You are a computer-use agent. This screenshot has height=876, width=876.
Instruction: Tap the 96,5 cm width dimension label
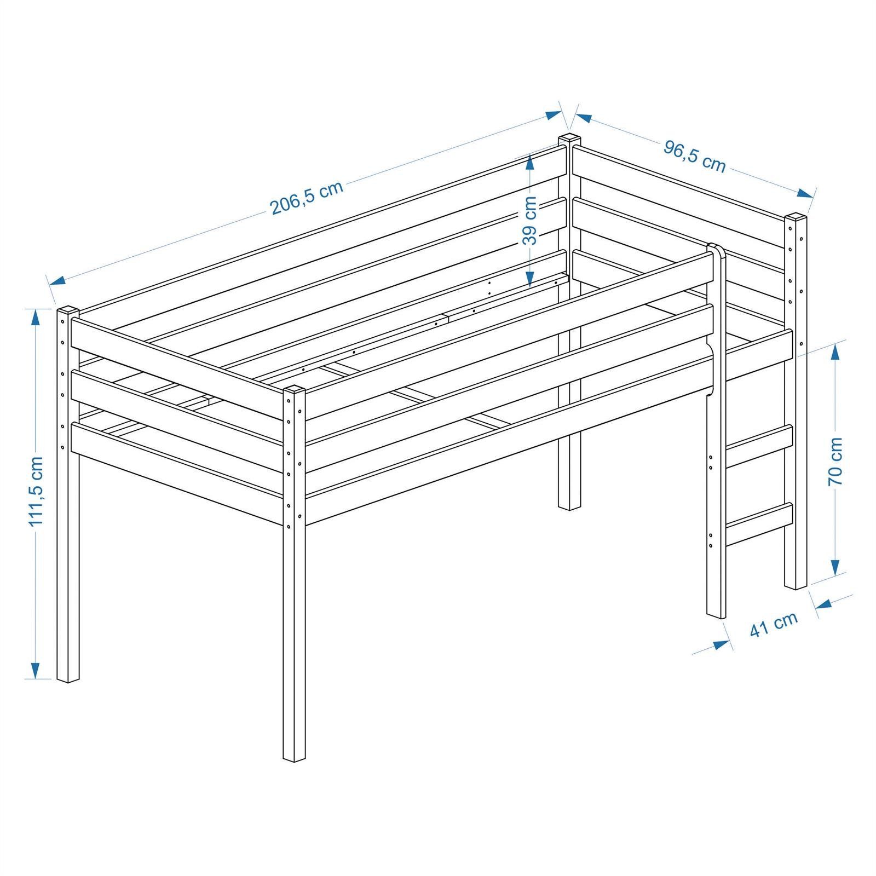point(695,155)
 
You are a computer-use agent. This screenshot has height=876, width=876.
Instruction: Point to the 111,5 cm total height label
point(36,491)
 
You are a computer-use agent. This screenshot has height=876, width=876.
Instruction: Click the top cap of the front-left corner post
point(295,389)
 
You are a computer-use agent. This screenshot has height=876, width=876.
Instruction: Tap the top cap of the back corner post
point(569,139)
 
